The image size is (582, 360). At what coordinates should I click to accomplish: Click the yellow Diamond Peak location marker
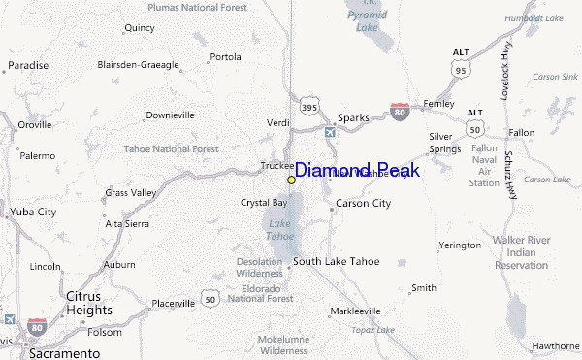coord(291,180)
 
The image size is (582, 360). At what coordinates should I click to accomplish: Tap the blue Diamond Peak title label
coord(357,170)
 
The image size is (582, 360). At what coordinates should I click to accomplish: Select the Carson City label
coord(363,203)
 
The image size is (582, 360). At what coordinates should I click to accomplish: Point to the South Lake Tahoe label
coord(337,262)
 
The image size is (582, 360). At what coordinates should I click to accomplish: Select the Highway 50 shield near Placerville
coord(210,299)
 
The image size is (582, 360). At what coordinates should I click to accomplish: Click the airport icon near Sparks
coord(330,131)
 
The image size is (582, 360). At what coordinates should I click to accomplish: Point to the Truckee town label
coord(277,166)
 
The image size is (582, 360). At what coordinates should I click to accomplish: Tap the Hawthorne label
coord(554,345)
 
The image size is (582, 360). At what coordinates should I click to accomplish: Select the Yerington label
coord(459,245)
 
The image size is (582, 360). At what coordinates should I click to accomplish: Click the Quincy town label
coord(140,28)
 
